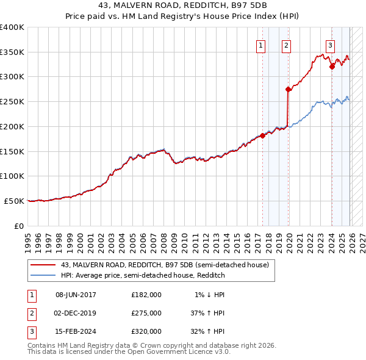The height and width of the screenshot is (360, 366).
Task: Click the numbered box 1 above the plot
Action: point(261,45)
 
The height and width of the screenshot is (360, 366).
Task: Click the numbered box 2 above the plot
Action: point(286,45)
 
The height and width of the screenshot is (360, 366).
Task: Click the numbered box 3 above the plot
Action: point(330,45)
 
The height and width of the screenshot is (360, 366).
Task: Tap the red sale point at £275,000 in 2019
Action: point(288,89)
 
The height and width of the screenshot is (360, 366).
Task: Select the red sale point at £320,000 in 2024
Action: point(332,67)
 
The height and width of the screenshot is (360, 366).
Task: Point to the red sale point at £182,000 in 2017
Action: point(263,135)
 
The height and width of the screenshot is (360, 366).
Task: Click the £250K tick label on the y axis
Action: point(12,102)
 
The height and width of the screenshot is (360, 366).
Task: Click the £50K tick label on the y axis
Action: point(13,201)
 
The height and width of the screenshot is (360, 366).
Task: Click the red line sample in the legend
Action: point(43,264)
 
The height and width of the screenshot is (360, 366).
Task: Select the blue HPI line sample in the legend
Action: point(43,275)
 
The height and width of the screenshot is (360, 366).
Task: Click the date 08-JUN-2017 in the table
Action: point(76,295)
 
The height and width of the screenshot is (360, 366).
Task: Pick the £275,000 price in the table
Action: point(146,313)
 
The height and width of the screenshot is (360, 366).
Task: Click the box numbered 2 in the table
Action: point(30,313)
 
